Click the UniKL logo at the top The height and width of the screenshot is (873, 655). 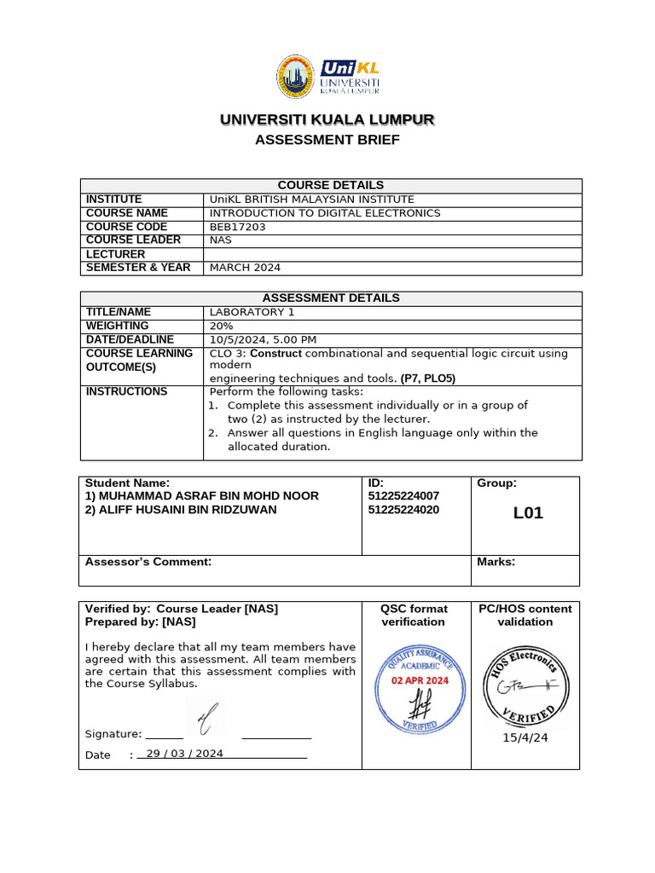click(328, 77)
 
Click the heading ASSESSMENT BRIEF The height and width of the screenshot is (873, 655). click(327, 140)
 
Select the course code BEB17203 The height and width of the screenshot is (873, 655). click(233, 227)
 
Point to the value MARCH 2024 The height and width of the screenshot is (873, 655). click(245, 268)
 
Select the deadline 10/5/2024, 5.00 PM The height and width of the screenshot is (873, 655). click(263, 339)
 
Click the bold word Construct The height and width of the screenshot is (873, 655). click(275, 353)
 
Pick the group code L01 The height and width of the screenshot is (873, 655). click(527, 513)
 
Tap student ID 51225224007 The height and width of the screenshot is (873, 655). click(403, 496)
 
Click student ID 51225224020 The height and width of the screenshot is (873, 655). click(403, 510)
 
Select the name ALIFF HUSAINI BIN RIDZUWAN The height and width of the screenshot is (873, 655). click(181, 510)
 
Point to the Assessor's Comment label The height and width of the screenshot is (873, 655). click(148, 562)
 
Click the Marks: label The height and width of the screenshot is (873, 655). click(496, 562)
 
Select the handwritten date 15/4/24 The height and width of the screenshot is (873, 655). click(525, 737)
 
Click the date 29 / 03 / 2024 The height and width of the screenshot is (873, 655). click(184, 754)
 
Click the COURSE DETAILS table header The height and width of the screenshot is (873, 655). click(331, 185)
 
